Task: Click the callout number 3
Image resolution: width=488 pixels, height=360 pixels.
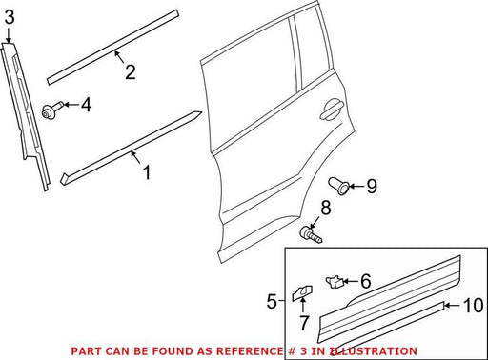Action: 10,17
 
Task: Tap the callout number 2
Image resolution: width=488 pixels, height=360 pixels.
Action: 131,72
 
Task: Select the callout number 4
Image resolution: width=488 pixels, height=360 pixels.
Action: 86,105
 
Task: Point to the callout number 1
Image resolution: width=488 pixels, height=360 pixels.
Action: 147,172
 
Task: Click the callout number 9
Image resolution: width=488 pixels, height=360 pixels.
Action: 372,186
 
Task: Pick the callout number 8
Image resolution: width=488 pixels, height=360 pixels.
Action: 326,208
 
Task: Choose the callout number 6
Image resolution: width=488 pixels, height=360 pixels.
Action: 366,281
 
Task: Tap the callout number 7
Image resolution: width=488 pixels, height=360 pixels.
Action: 304,323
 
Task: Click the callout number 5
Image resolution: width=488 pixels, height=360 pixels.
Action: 272,301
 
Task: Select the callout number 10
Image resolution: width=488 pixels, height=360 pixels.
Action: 474,306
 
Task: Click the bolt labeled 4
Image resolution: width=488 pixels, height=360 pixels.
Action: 53,110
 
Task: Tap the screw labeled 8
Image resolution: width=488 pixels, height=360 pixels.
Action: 311,234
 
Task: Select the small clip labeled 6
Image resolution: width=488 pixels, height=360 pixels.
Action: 335,282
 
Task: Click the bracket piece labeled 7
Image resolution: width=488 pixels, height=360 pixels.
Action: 302,292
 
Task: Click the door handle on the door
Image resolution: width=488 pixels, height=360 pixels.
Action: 332,109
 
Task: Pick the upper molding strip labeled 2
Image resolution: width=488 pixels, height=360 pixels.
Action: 112,48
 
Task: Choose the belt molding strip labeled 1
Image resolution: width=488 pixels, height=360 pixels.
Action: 131,148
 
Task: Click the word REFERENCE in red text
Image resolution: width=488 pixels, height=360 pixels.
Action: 249,351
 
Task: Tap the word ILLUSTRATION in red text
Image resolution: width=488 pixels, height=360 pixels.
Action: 373,351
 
